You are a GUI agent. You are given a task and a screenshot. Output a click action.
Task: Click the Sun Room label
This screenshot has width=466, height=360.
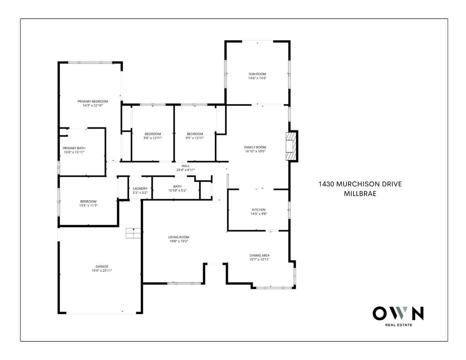(x=258, y=74)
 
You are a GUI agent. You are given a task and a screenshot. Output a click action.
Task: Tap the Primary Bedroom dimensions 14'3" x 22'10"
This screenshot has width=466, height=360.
(x=93, y=105)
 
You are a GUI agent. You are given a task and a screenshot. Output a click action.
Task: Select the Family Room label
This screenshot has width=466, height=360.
(x=255, y=147)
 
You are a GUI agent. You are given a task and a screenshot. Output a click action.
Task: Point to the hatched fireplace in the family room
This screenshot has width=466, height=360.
(x=291, y=146)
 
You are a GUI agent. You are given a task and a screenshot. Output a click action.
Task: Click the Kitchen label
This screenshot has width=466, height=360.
(x=258, y=209)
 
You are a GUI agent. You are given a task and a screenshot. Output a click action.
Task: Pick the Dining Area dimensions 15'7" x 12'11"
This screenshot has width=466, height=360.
(x=259, y=259)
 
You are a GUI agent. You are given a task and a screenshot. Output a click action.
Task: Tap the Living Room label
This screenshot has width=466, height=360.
(x=178, y=237)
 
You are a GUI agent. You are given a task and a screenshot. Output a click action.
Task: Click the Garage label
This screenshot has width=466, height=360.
(x=102, y=266)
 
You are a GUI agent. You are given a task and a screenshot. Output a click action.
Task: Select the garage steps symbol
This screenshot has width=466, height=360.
(x=133, y=233)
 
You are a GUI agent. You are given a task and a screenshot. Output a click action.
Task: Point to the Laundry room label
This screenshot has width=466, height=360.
(x=140, y=188)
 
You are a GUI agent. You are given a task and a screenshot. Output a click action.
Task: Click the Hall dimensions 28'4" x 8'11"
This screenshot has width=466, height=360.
(x=186, y=170)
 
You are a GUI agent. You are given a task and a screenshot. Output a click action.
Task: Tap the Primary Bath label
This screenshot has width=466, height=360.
(x=74, y=148)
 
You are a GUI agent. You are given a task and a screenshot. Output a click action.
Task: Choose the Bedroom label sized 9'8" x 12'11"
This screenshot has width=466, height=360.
(x=153, y=134)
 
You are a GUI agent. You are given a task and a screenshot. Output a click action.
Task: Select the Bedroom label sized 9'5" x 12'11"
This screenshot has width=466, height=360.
(x=195, y=134)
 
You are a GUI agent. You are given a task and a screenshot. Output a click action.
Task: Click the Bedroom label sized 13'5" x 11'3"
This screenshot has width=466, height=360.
(x=88, y=201)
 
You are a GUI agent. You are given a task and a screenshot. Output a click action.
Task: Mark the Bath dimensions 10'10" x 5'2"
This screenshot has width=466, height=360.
(x=177, y=191)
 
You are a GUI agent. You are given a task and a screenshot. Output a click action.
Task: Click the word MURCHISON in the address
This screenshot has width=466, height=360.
(x=356, y=184)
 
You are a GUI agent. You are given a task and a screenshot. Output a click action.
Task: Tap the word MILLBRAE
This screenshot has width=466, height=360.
(x=360, y=193)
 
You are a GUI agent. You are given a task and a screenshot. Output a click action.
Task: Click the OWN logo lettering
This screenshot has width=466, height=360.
(x=398, y=313)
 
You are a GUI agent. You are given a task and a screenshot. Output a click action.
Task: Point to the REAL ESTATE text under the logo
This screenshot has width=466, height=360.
(x=399, y=325)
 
